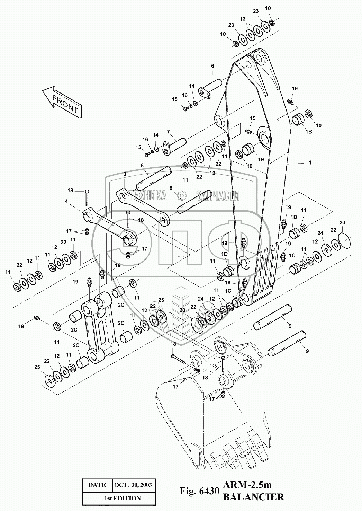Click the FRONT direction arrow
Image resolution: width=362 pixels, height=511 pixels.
(x=62, y=102)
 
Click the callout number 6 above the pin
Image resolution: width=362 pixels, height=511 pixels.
(x=212, y=66)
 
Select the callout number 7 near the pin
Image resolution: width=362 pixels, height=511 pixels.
(x=168, y=132)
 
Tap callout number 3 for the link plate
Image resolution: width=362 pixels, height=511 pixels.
(x=125, y=174)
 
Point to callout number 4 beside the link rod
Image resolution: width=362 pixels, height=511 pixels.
(x=66, y=201)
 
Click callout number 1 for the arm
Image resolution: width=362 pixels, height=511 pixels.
(x=310, y=162)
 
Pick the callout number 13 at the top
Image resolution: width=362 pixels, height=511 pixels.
(x=243, y=19)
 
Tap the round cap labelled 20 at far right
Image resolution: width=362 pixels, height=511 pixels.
(x=344, y=240)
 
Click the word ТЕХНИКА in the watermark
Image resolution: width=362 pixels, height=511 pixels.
(x=147, y=195)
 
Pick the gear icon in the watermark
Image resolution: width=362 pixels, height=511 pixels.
(x=182, y=195)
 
